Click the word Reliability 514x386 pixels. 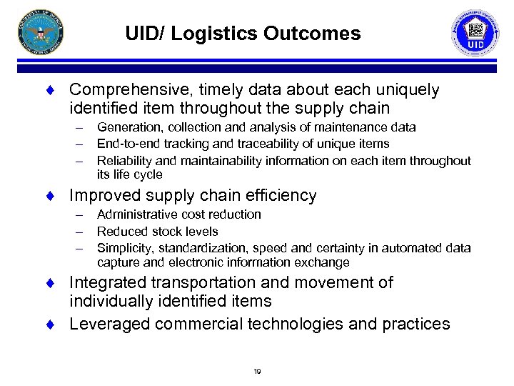(123, 161)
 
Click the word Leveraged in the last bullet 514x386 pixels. (107, 325)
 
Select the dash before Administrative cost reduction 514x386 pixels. (82, 214)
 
